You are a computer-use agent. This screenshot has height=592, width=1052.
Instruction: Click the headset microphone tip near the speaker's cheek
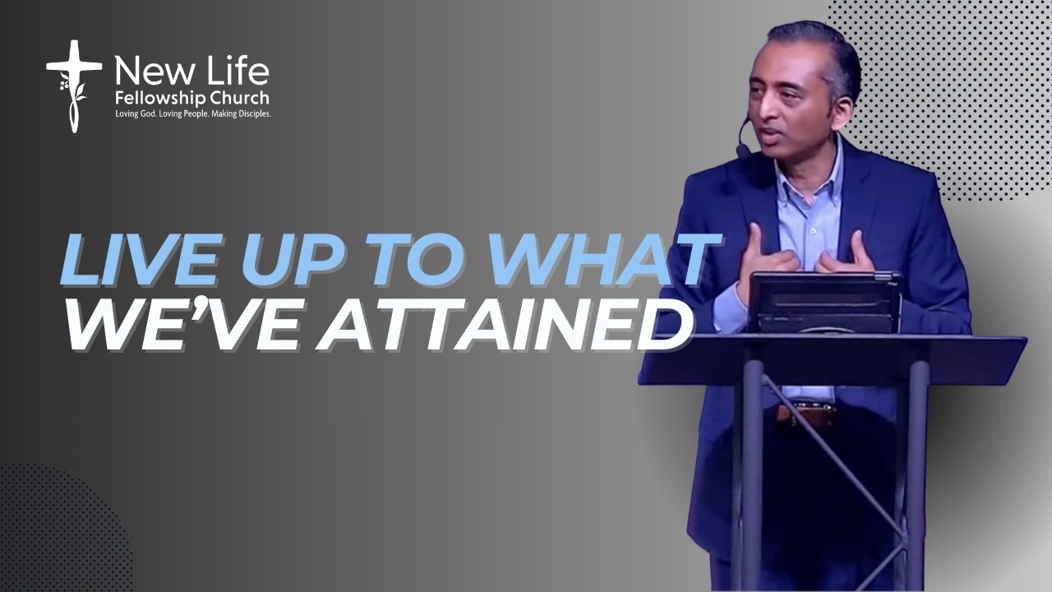click(744, 150)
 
